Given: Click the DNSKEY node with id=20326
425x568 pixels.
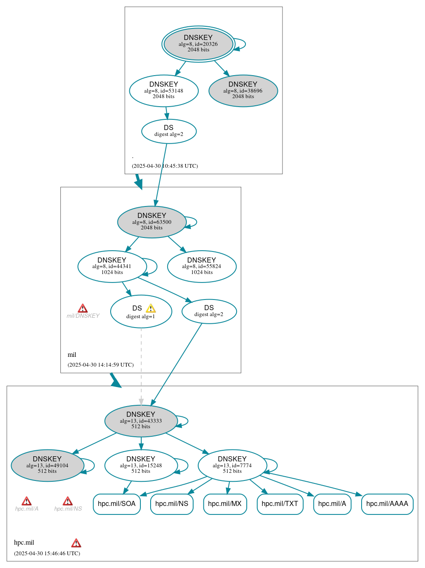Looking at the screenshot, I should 198,44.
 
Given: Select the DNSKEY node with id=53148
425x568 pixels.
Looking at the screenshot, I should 164,90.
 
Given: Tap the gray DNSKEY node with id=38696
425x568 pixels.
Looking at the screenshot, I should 243,90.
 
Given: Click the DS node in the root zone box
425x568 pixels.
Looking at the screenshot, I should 168,131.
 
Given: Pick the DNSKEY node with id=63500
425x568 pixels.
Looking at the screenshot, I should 151,222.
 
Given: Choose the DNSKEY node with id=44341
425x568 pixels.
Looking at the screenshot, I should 112,266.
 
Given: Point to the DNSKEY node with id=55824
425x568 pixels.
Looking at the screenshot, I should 202,266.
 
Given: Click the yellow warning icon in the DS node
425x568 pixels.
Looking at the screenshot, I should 151,308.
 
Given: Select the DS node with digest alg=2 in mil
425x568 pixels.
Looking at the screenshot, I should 209,311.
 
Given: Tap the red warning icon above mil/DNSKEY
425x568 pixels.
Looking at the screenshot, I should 83,308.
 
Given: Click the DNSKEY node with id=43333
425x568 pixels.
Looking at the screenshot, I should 141,421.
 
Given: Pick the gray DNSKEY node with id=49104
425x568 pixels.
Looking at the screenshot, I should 47,465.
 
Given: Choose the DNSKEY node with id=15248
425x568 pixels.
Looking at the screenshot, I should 141,465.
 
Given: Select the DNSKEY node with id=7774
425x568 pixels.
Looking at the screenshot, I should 232,465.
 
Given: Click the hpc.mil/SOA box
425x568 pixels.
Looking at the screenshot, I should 117,504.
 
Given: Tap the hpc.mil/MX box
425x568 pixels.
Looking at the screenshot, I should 225,504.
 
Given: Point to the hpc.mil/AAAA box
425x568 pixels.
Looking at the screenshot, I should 387,504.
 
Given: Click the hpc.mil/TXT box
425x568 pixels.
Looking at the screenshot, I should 280,504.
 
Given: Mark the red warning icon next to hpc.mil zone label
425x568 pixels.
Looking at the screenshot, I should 76,543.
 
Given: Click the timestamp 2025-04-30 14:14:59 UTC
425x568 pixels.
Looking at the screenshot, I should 100,365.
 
